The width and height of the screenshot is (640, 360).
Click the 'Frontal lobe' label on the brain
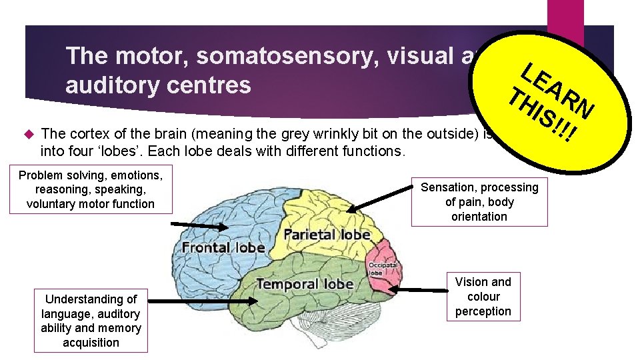point(223,247)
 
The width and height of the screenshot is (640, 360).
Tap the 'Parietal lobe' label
point(327,235)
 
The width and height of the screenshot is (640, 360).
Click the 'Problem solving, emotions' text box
point(91,189)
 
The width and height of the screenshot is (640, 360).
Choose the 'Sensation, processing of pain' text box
point(479,202)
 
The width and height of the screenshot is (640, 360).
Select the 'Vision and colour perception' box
point(483,297)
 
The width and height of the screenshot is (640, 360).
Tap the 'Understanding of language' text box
point(91,321)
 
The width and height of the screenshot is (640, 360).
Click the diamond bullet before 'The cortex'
point(29,132)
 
